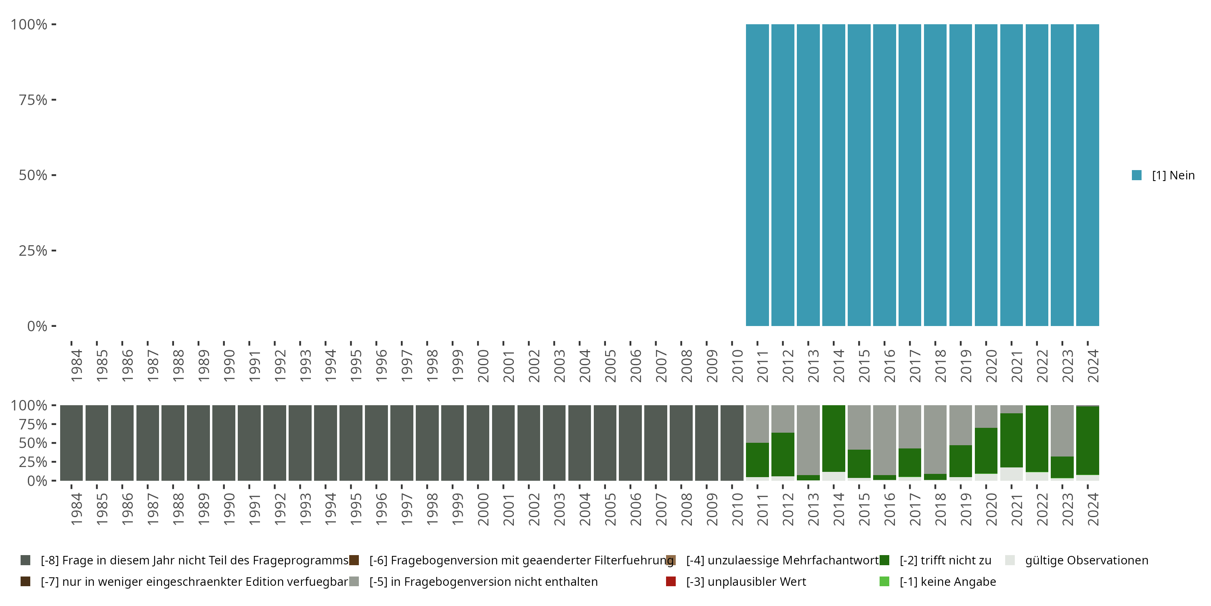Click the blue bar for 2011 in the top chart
[757, 175]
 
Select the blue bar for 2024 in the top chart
[1087, 175]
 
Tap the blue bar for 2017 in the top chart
[909, 175]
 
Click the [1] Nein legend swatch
[1137, 175]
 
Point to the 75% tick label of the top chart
[33, 100]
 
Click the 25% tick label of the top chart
[33, 251]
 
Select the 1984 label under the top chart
[76, 366]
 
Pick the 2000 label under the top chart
[483, 366]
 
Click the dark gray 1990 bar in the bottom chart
[224, 443]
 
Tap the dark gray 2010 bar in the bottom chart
[732, 443]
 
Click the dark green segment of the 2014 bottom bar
[834, 438]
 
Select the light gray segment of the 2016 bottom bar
[884, 440]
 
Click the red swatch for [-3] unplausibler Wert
[671, 581]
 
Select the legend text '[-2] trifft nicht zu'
[945, 560]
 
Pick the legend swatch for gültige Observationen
[1010, 560]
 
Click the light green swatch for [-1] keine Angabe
[884, 581]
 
